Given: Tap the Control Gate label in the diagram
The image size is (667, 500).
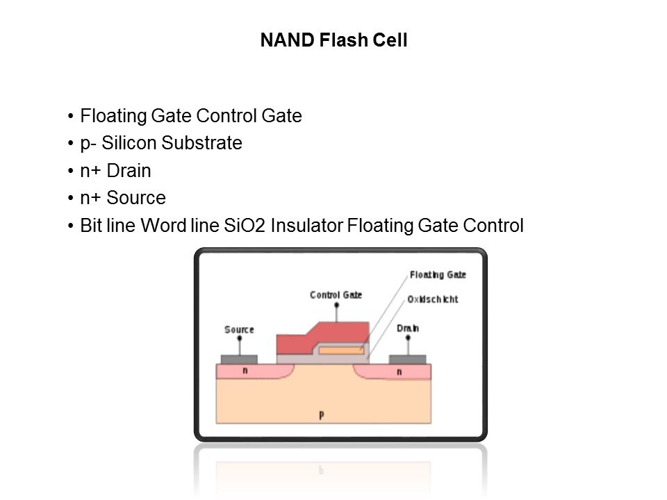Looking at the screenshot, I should coord(336,295).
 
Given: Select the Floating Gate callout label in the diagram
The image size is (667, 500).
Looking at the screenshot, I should coord(438,275).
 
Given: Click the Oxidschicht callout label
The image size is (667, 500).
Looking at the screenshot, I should coord(432,299).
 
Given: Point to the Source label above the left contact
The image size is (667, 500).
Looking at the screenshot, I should coord(239,329).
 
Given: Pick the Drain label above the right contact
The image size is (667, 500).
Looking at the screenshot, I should coord(407,328).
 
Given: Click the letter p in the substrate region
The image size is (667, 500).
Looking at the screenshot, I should coord(321,415).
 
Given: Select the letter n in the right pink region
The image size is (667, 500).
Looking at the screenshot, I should coord(399,372).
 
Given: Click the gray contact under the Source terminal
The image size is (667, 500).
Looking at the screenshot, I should coord(239,359).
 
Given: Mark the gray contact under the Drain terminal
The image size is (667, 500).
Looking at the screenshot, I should coord(407,359).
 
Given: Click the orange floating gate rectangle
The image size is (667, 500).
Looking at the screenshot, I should coord(340,350).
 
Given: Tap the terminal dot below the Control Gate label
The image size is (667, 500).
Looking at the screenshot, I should coord(337,305).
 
